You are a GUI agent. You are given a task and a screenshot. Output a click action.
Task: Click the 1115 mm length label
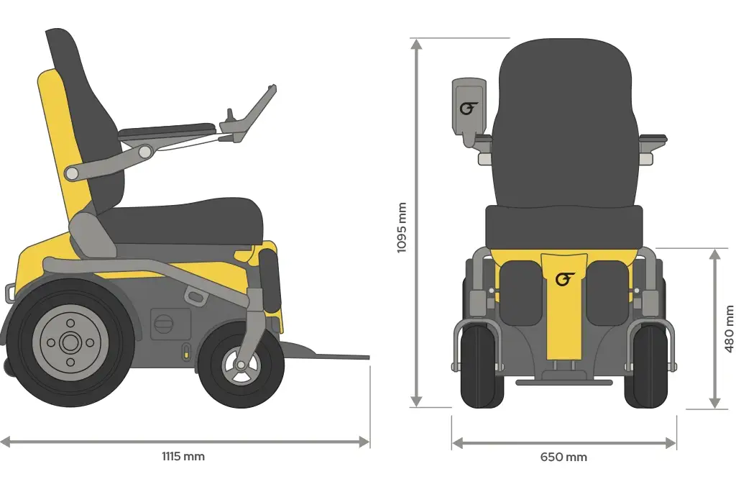(183, 456)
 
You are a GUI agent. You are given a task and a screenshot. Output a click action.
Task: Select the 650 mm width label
(563, 457)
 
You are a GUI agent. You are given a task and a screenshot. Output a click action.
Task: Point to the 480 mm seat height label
(729, 329)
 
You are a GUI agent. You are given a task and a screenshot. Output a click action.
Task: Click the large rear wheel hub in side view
(70, 343)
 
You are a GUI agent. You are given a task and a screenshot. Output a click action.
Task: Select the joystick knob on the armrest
(230, 113)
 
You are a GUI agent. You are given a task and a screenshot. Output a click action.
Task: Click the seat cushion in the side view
(187, 219)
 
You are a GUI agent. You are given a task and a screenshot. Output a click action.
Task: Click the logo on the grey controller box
(469, 109)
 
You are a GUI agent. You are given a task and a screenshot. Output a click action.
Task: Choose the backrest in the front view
(565, 122)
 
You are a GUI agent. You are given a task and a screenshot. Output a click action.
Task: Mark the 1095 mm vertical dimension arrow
(415, 223)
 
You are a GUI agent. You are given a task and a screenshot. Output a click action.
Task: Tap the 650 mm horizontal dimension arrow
(563, 443)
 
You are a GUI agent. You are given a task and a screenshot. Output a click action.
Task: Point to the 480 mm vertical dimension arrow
(714, 329)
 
